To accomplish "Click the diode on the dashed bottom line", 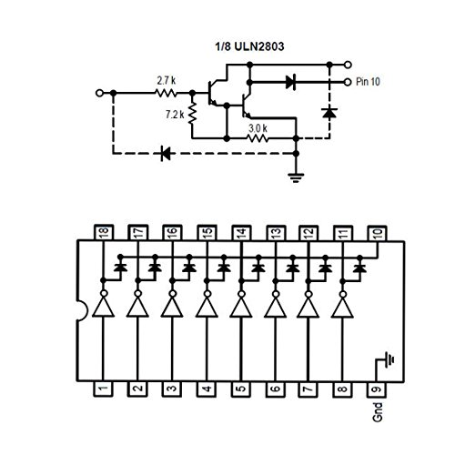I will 167,154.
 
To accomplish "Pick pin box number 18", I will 102,235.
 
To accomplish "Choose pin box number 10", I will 377,235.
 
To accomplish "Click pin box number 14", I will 239,235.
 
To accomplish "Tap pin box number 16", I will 171,235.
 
